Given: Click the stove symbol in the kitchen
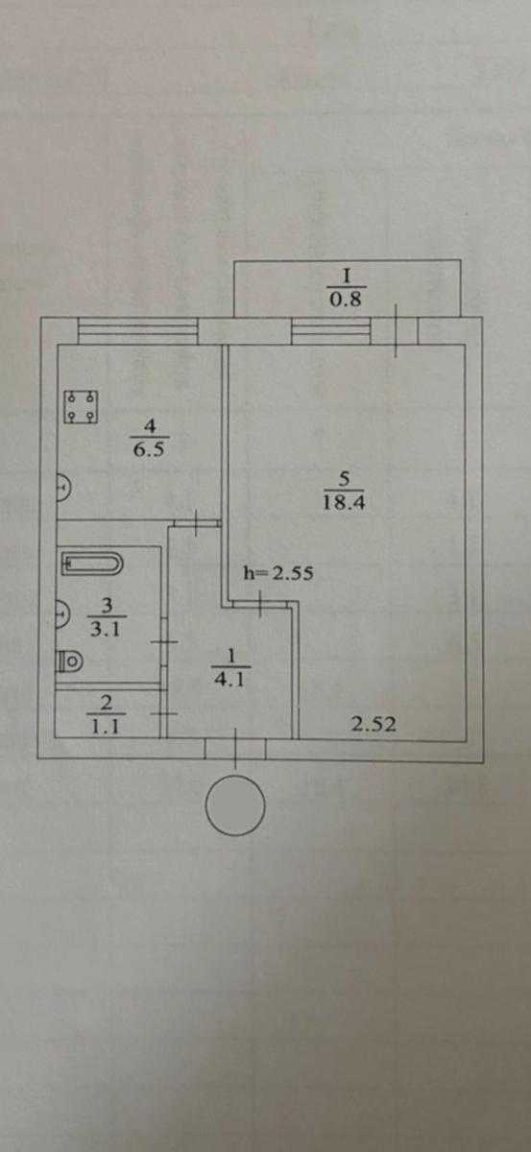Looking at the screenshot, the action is (x=81, y=407).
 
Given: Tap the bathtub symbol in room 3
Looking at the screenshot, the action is (x=92, y=564).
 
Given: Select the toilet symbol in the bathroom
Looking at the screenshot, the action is (x=69, y=660).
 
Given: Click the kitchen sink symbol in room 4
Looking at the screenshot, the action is (x=62, y=487).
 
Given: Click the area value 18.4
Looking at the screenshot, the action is (x=344, y=502).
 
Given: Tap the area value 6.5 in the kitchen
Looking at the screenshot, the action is (x=149, y=449).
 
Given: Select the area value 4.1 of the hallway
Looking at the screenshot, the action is (x=230, y=680).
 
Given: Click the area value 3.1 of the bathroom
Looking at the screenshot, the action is (x=106, y=630).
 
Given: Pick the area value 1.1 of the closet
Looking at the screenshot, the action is (x=106, y=726).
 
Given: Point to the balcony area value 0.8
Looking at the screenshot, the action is (x=346, y=300).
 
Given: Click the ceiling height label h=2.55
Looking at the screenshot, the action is (x=278, y=573).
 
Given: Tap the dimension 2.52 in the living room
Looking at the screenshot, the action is (x=374, y=725).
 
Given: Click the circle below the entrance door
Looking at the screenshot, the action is (x=235, y=805).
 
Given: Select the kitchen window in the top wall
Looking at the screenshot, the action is (x=138, y=332).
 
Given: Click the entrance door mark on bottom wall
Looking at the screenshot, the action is (x=236, y=749).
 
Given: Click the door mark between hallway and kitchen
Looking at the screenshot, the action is (x=197, y=523).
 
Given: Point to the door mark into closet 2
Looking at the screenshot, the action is (x=164, y=714).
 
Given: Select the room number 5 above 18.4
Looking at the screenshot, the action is (x=344, y=479).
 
